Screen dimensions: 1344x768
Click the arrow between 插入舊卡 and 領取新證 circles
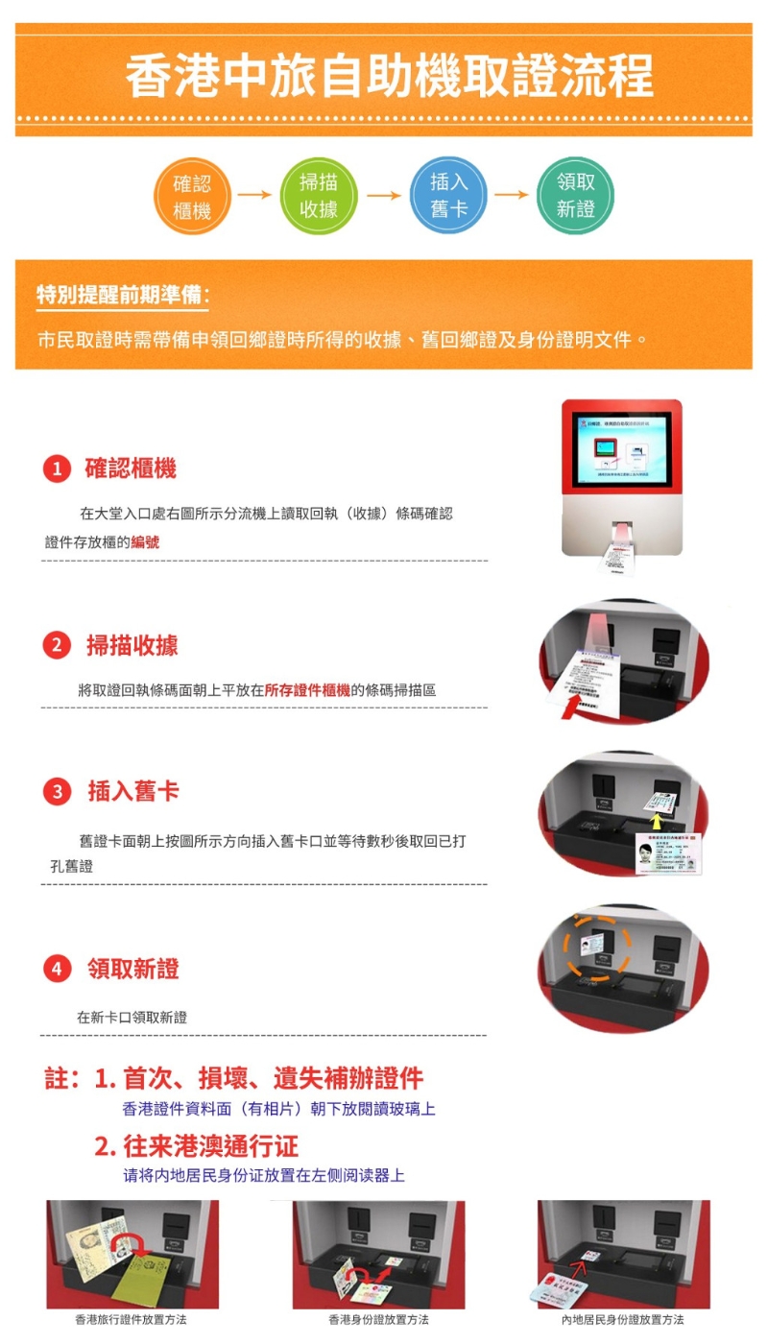click(x=512, y=195)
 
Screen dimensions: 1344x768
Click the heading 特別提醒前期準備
click(x=122, y=295)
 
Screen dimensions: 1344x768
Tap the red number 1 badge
click(x=57, y=469)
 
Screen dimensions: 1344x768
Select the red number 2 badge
click(x=57, y=646)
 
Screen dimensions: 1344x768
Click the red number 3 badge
click(x=57, y=792)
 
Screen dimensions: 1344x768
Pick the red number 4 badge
click(x=57, y=970)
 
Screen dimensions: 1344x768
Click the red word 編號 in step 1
click(x=146, y=542)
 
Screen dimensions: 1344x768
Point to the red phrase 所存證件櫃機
click(x=307, y=689)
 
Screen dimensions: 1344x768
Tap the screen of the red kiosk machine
click(x=621, y=449)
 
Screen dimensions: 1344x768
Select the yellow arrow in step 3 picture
click(x=657, y=821)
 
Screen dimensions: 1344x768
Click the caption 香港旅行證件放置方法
click(x=132, y=1320)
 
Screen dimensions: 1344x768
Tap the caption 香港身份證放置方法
click(x=378, y=1320)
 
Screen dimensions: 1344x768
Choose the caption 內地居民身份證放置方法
click(x=623, y=1320)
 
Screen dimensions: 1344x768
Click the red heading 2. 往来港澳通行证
click(x=197, y=1145)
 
